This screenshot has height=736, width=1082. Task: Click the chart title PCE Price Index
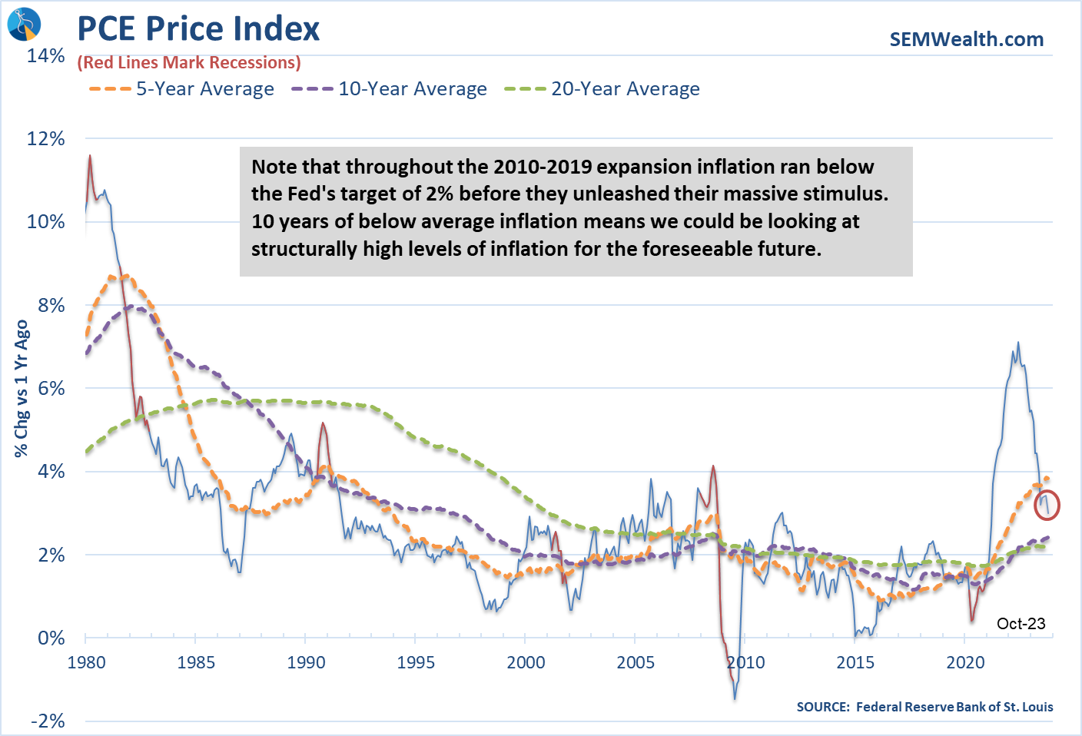point(198,29)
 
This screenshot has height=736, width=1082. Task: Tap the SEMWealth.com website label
point(966,39)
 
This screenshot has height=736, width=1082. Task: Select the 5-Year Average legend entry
point(182,89)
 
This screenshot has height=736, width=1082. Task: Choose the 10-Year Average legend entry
point(390,89)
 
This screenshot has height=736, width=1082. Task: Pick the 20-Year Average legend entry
point(602,89)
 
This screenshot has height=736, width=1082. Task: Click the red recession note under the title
point(189,63)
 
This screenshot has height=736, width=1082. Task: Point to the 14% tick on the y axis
point(46,56)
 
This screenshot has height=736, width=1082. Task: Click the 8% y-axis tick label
point(51,305)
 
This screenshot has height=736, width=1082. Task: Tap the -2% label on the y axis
point(48,721)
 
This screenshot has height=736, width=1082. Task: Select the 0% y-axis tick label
point(51,638)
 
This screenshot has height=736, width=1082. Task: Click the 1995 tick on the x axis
point(415,662)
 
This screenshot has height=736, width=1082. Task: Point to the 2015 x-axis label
point(855,662)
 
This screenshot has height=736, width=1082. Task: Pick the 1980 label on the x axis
point(86,662)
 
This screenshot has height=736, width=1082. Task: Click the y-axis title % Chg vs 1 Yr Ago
point(22,388)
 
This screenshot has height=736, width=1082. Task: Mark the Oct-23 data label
point(1021,623)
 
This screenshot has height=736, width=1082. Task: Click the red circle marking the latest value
point(1047,505)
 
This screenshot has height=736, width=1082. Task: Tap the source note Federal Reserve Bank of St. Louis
point(924,707)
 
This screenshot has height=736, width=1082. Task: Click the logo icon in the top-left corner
point(23,23)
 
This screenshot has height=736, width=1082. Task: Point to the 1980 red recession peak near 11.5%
point(90,157)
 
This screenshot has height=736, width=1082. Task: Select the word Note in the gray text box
point(274,167)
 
